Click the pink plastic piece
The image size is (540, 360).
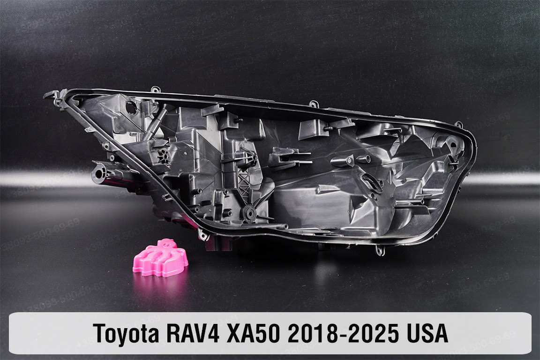tap(160, 257)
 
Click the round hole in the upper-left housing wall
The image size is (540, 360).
tap(132, 107)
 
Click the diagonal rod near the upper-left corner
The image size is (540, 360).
tap(155, 123)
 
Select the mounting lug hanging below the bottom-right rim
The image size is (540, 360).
tap(380, 251)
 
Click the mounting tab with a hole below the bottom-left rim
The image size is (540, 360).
tap(203, 234)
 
